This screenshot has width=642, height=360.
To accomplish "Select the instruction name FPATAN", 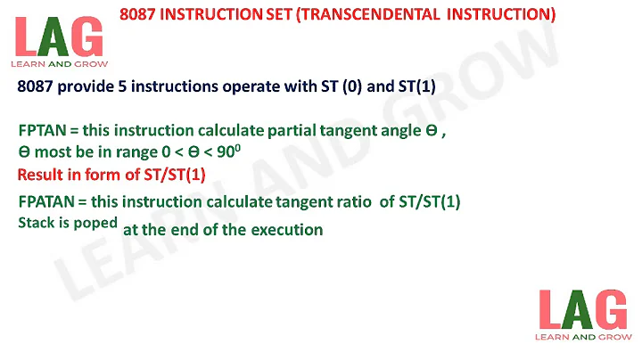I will tap(45, 202).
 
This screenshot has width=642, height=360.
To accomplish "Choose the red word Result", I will tap(40, 173).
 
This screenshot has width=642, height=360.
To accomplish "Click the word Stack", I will tap(36, 223).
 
